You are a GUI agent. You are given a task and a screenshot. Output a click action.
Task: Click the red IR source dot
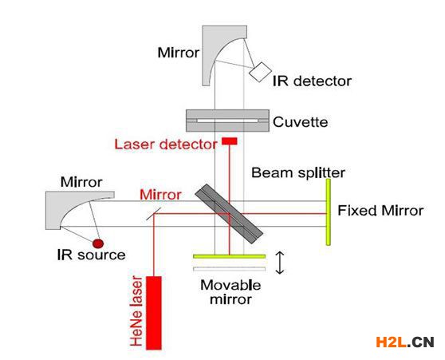click(98, 243)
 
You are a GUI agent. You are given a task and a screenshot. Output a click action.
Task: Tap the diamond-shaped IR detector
click(260, 72)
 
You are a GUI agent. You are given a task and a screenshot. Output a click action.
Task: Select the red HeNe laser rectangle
click(154, 313)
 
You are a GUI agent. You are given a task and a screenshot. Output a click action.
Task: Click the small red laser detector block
click(230, 141)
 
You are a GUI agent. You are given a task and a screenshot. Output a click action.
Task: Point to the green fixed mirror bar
click(328, 212)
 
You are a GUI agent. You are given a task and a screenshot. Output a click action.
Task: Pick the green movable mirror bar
click(230, 256)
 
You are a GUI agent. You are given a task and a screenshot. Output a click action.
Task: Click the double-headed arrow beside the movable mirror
click(280, 263)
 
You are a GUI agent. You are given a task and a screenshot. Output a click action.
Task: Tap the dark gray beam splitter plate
click(229, 214)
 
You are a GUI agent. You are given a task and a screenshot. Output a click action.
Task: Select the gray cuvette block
click(227, 121)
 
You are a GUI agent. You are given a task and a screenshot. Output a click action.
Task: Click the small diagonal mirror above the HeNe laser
click(154, 214)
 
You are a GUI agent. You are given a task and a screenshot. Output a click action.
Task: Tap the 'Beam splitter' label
click(298, 173)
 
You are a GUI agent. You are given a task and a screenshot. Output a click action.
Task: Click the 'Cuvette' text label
click(301, 122)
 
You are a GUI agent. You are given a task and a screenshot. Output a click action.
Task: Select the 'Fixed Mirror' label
click(380, 211)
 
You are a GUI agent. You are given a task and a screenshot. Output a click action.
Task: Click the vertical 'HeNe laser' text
click(136, 311)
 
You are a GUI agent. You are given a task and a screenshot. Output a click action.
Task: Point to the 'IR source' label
click(91, 255)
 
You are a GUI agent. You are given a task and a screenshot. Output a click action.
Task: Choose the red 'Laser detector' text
click(166, 144)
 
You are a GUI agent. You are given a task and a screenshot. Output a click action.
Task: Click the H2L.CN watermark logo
click(405, 342)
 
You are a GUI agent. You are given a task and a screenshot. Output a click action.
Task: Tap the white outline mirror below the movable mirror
click(230, 269)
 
